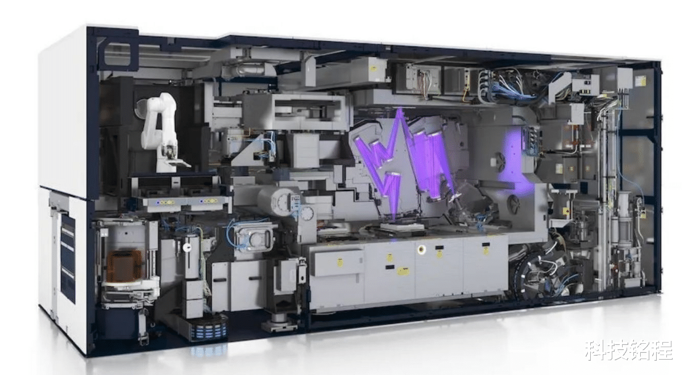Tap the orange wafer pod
[125, 265]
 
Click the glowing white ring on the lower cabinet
[422, 249]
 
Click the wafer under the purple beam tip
[400, 227]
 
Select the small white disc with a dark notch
[187, 248]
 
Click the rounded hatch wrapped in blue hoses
[253, 236]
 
